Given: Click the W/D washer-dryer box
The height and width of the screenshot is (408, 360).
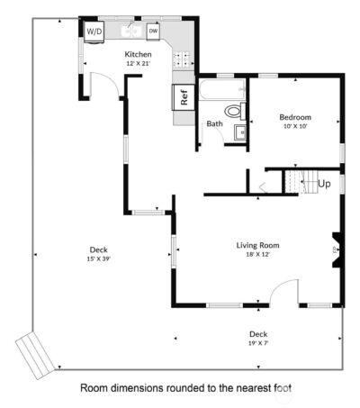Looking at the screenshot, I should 94,31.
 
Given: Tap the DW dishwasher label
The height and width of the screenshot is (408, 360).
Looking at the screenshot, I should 153,32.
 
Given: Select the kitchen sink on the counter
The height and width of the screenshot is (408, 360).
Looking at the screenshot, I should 130,32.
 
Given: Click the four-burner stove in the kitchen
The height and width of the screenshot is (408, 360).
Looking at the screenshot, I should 183,60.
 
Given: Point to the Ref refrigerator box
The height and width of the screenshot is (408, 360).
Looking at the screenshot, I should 184,97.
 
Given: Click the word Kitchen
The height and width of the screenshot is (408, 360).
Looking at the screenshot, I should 138,54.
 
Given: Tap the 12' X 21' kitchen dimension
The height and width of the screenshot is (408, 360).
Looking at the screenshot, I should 138,65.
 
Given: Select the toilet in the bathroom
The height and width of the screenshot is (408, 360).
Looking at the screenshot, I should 233,113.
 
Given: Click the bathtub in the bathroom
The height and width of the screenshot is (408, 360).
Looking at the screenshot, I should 220,91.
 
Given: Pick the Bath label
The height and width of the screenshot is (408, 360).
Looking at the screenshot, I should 214,123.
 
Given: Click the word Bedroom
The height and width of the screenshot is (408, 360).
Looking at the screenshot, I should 294,117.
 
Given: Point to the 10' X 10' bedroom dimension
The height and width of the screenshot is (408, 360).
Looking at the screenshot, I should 294,127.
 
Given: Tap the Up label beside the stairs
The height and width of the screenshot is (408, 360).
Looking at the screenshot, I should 324,183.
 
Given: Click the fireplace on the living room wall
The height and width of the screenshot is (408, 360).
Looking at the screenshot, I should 336,250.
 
